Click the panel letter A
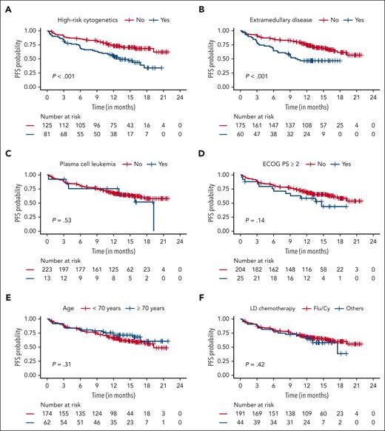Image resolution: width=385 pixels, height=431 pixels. pos(4,9)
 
